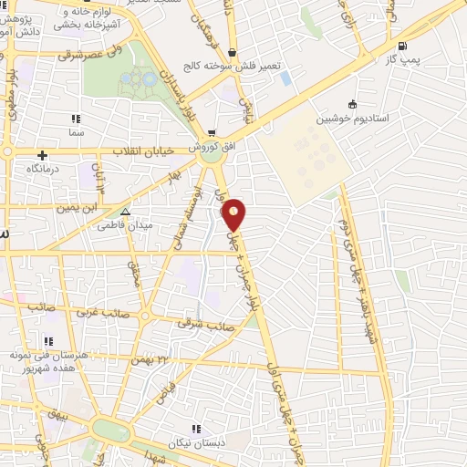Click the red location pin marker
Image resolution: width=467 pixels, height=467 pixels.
tap(233, 214)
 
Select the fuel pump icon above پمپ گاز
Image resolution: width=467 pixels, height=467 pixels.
tap(402, 46)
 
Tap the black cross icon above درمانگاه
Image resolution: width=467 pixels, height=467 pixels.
tap(42, 156)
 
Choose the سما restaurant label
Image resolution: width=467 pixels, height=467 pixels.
tap(76, 133)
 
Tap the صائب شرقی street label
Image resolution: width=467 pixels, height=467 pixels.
tap(207, 322)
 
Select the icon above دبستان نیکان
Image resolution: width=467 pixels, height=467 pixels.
tap(193, 428)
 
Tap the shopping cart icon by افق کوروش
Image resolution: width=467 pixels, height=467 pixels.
tap(213, 132)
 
